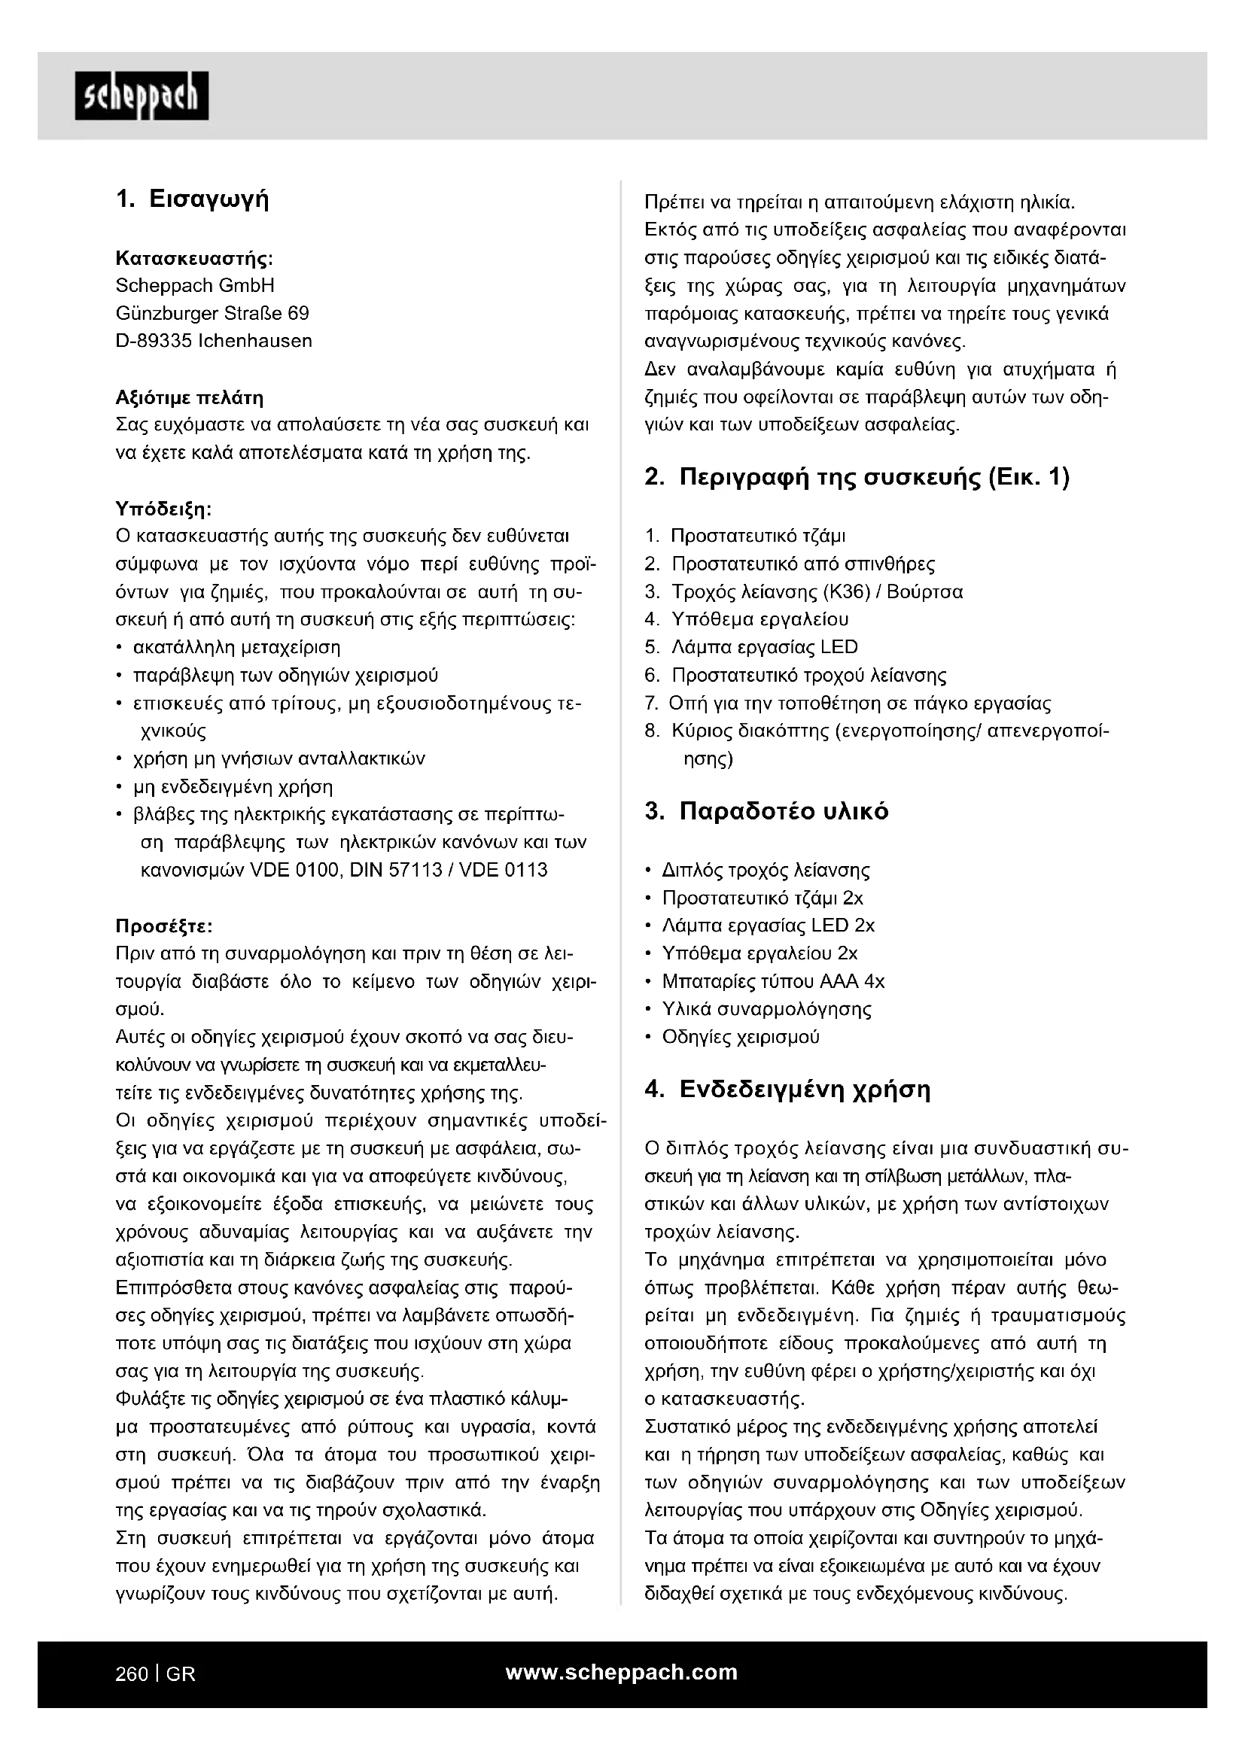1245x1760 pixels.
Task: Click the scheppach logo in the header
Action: pos(141,96)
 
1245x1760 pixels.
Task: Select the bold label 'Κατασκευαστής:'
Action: pos(194,257)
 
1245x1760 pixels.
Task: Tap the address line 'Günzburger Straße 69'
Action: pos(212,313)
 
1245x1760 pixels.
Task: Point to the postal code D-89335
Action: pos(154,340)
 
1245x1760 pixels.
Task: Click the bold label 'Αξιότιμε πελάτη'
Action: pos(190,397)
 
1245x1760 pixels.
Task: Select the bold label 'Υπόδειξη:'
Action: pos(163,508)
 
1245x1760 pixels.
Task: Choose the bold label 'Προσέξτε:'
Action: pos(163,926)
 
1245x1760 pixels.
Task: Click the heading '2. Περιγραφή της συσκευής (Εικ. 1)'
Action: pos(857,477)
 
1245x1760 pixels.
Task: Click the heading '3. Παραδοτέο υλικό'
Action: pos(766,811)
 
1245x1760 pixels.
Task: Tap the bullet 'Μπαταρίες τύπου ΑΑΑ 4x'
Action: pos(773,981)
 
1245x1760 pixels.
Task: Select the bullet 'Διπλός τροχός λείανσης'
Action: pos(766,870)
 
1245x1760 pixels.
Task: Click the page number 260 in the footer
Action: pos(131,1674)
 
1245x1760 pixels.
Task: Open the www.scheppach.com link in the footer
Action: pos(622,1672)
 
